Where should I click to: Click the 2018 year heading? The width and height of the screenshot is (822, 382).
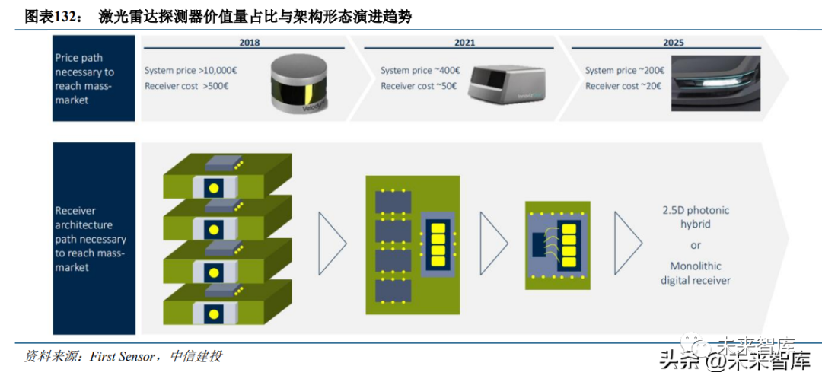click(x=249, y=43)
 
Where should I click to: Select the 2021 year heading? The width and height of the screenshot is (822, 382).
click(x=465, y=43)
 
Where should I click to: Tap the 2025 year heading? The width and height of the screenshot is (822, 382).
click(x=673, y=43)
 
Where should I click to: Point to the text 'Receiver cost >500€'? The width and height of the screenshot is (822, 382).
click(x=186, y=86)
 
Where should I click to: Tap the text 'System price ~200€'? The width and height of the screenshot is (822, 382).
click(x=625, y=71)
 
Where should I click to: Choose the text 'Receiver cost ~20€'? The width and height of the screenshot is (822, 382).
click(x=623, y=86)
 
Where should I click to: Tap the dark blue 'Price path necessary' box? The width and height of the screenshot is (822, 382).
click(x=94, y=78)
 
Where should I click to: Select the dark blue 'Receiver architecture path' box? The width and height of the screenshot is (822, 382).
click(x=94, y=238)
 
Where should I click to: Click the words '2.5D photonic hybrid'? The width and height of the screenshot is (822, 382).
click(x=695, y=218)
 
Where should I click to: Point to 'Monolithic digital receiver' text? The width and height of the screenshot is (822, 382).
click(x=695, y=273)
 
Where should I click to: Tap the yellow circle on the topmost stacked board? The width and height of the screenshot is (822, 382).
click(x=214, y=188)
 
